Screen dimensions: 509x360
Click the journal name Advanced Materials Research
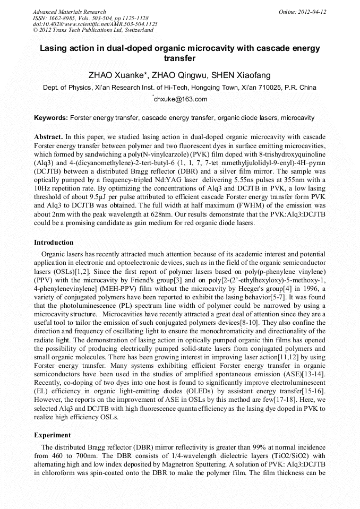pos(69,12)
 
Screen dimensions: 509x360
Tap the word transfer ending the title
pos(179,58)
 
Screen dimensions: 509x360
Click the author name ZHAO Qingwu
pos(176,75)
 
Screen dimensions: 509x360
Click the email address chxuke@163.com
pos(181,99)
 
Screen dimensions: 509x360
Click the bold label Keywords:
pos(51,118)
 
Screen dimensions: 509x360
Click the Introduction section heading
pos(54,243)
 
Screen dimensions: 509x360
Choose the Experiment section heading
pos(53,435)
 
